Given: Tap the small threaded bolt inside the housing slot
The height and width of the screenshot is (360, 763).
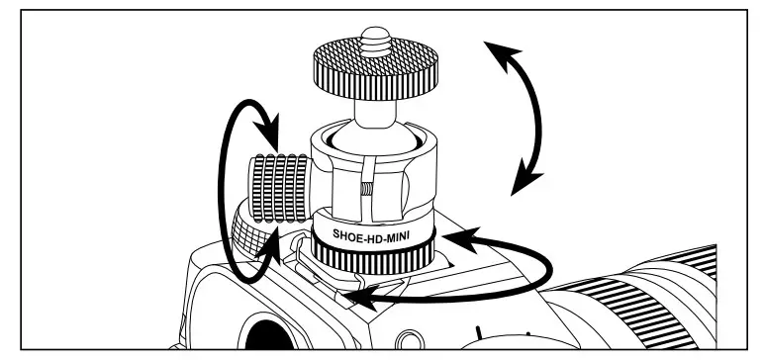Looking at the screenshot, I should click(x=365, y=188).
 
